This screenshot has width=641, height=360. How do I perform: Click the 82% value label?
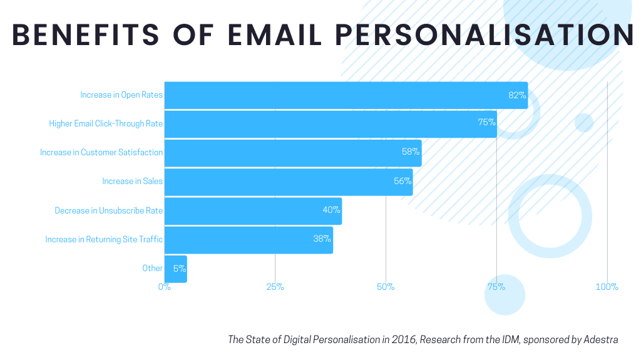[x=516, y=95]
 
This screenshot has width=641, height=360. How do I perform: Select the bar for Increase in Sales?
[x=288, y=182]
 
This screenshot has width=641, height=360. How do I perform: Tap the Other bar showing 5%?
[x=175, y=269]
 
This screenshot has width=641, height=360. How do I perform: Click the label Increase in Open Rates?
[x=121, y=95]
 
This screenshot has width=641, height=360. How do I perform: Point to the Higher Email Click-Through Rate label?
[x=106, y=124]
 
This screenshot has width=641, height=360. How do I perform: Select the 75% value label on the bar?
[x=486, y=123]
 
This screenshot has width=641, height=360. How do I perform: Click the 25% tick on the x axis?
[x=275, y=287]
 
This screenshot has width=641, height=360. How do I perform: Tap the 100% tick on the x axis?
[x=607, y=287]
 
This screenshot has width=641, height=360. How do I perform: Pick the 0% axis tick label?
[x=164, y=287]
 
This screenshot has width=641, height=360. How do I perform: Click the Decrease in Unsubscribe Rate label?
[x=108, y=211]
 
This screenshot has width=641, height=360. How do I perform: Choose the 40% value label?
[x=331, y=210]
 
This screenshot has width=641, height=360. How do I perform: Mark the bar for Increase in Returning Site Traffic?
[x=248, y=240]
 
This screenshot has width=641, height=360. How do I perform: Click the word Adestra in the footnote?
[x=602, y=340]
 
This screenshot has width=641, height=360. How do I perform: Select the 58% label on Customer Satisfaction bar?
[x=410, y=152]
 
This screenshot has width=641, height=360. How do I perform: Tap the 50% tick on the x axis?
[x=386, y=287]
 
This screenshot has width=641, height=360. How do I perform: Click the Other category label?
[x=152, y=269]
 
